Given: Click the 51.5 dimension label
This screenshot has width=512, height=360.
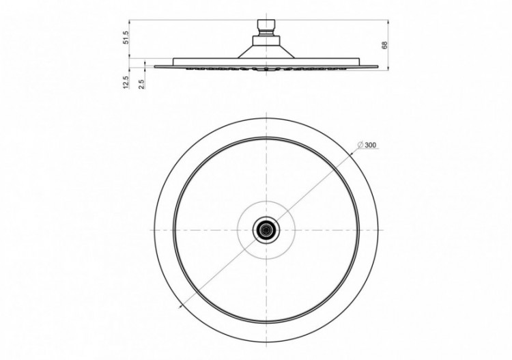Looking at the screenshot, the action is coord(127,38).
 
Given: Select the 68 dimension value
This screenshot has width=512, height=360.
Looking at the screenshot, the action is coord(384,45).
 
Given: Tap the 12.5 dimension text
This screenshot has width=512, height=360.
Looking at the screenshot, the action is coord(126,82).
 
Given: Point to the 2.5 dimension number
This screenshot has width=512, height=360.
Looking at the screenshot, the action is coord(141,84).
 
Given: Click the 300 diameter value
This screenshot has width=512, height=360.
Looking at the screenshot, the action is coord(370,145).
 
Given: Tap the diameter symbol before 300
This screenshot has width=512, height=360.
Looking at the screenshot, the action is coord(360,145).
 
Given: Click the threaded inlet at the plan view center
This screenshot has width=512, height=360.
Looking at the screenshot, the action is coord(266,230).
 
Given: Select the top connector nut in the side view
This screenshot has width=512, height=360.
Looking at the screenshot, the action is coord(266,24).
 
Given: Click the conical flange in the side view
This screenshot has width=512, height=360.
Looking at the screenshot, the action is coord(266,52).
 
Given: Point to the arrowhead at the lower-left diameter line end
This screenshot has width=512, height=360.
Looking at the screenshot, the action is coord(181,307).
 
